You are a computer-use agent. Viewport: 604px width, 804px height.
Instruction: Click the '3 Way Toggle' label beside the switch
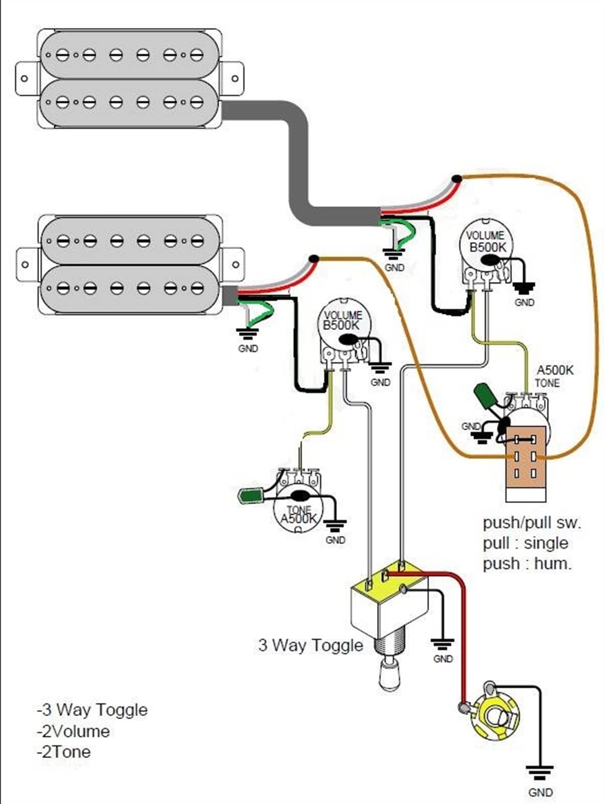pos(310,645)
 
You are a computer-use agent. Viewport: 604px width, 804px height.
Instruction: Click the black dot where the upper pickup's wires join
pos(456,178)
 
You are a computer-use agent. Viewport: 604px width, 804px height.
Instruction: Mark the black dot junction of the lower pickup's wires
pos(313,259)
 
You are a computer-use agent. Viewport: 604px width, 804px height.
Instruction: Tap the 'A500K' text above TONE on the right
pos(555,371)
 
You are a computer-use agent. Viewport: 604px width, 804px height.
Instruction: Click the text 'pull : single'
pos(525,543)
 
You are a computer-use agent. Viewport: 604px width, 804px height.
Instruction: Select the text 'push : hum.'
pos(527,564)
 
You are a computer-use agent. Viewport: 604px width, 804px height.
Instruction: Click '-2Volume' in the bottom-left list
pos(73,731)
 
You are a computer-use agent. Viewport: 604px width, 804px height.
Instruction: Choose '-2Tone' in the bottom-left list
pos(64,752)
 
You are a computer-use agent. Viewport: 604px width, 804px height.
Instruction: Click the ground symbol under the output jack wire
pos(540,771)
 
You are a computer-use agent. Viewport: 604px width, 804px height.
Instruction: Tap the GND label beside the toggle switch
pos(443,659)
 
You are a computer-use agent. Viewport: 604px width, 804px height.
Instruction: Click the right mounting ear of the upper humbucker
pos(234,78)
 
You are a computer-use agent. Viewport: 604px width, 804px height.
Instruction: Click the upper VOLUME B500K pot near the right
pos(486,246)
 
